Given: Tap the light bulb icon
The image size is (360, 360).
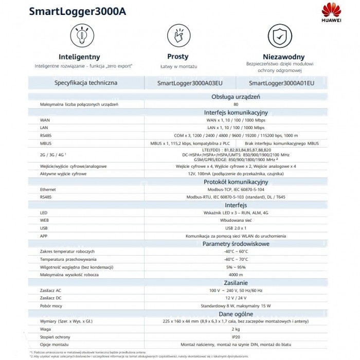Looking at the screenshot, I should [x=79, y=35].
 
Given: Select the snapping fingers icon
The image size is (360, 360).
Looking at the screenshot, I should [x=178, y=35].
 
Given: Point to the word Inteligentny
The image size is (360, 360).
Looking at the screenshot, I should [x=79, y=57].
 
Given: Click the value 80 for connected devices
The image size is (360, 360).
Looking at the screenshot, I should [x=236, y=105].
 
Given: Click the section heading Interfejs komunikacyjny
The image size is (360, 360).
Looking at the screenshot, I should [x=236, y=112].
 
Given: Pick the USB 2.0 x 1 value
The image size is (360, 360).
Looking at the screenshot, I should [x=236, y=228].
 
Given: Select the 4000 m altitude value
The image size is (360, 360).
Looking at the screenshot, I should [x=236, y=275].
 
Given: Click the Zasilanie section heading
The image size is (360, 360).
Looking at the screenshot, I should [x=236, y=283].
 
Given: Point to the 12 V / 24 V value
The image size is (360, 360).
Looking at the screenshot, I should [x=236, y=299].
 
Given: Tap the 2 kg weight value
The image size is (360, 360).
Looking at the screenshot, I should [x=236, y=330].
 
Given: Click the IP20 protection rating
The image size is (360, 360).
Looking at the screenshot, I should [x=236, y=337].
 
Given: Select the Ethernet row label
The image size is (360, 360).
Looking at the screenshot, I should [x=48, y=189].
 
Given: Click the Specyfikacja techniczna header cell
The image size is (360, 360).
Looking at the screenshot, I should [x=86, y=83].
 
